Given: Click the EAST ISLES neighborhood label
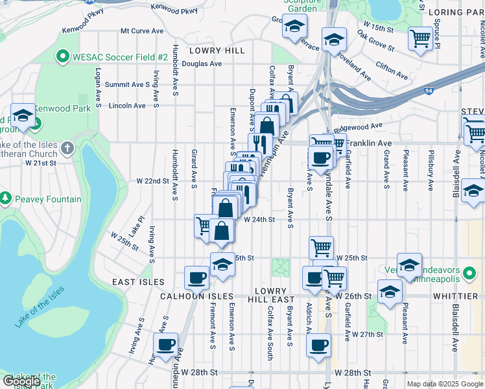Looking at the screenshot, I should (x=138, y=283).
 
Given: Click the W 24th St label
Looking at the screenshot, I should (x=259, y=220).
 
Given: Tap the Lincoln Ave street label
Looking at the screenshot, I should (x=127, y=105).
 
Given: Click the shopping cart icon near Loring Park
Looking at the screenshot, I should (x=420, y=39).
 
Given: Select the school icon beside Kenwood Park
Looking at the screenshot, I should (x=23, y=115).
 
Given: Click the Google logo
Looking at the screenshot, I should (x=21, y=381).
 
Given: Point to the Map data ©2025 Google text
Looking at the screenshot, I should (x=444, y=384).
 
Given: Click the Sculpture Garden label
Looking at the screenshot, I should (x=302, y=6).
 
